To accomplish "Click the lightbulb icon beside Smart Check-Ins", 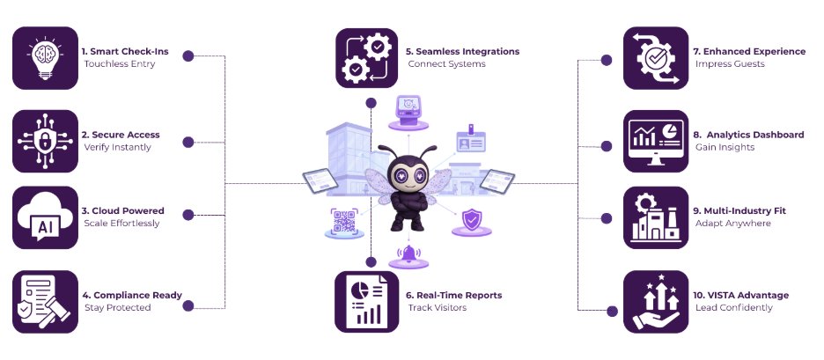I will pos(44,59).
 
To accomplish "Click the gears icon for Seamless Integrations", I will pos(366,59).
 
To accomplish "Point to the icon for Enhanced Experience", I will pos(655,59).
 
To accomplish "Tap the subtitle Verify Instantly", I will pos(117,147).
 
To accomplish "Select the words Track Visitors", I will pos(437,308).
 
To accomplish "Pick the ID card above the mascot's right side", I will pos(470,141).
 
